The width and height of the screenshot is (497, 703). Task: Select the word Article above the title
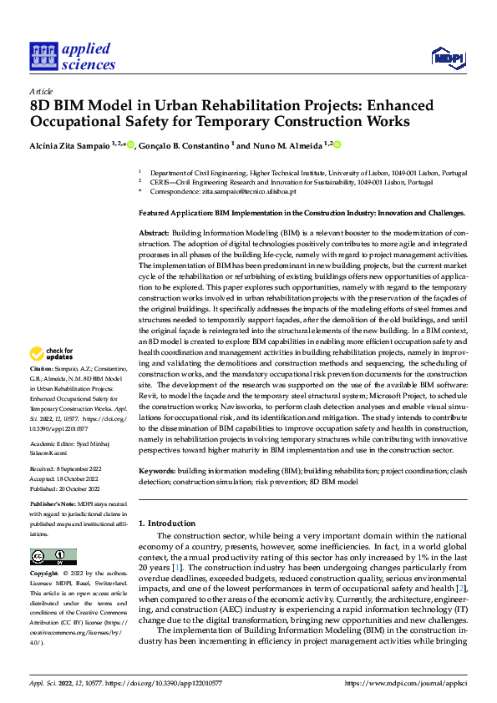click(40, 90)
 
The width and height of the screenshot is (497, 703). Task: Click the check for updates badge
click(52, 377)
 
